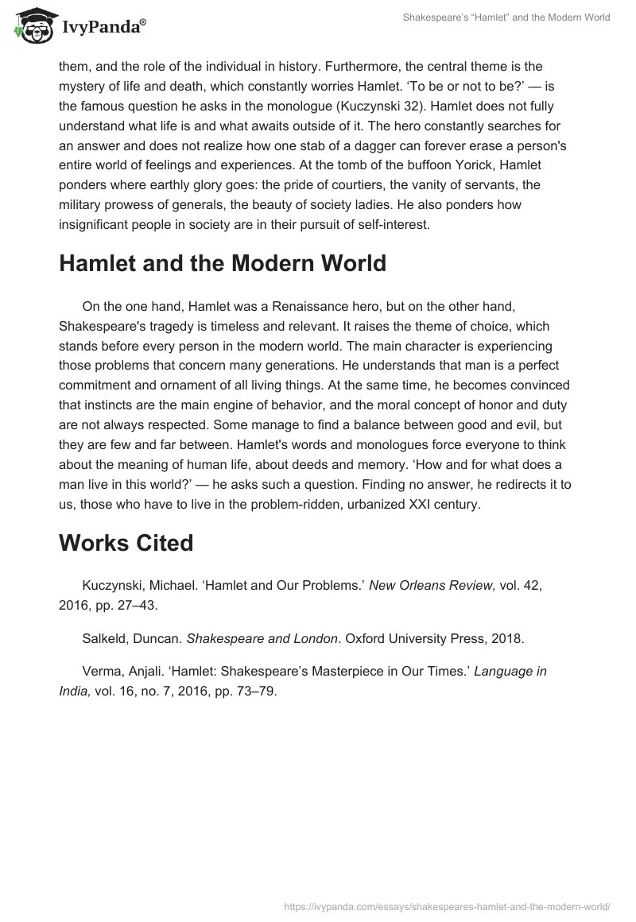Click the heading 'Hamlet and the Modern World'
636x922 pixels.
coord(222,264)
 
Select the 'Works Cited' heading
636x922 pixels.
coord(126,543)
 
